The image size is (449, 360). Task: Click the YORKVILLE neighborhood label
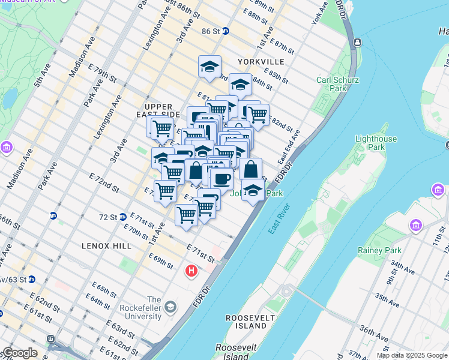260,62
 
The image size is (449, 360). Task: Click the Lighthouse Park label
376,143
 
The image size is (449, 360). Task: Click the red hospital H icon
191,271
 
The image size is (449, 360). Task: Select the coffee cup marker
221,178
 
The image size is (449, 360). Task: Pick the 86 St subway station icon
225,31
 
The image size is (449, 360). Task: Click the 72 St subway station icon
122,217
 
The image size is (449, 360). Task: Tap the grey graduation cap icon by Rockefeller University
170,307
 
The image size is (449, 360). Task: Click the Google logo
20,353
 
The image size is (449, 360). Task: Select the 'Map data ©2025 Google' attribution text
411,355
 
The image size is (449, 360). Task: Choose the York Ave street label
320,14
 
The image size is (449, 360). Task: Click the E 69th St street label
160,262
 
